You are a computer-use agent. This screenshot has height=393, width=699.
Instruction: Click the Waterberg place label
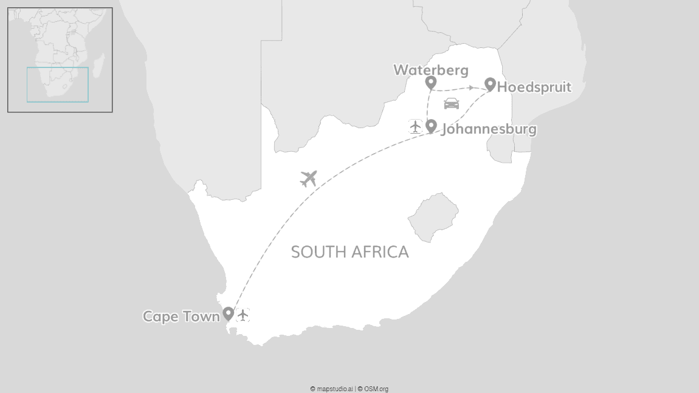point(430,70)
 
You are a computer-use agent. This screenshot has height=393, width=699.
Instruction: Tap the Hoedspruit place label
point(534,87)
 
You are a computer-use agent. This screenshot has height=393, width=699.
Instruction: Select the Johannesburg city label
point(489,129)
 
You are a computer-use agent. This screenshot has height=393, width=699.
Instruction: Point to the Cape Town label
point(181,316)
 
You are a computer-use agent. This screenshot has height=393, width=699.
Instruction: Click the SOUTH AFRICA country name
point(349,252)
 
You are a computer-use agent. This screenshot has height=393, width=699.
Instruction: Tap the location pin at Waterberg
point(431,83)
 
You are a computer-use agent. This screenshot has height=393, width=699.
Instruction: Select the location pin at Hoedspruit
point(490,84)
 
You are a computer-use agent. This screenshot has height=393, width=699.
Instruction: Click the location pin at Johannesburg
point(431,126)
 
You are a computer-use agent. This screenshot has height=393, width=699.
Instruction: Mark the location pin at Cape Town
point(228,313)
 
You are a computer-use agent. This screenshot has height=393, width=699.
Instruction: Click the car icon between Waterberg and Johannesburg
point(451,103)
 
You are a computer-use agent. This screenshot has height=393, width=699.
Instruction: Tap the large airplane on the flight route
point(309,179)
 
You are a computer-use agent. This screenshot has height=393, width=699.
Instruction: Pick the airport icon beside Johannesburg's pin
point(416,127)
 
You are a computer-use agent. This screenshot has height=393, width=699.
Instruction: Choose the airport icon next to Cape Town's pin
point(243,315)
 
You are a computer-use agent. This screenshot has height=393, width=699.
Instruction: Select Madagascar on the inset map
point(100,66)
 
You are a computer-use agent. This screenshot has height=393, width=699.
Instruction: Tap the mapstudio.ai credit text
point(331,389)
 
